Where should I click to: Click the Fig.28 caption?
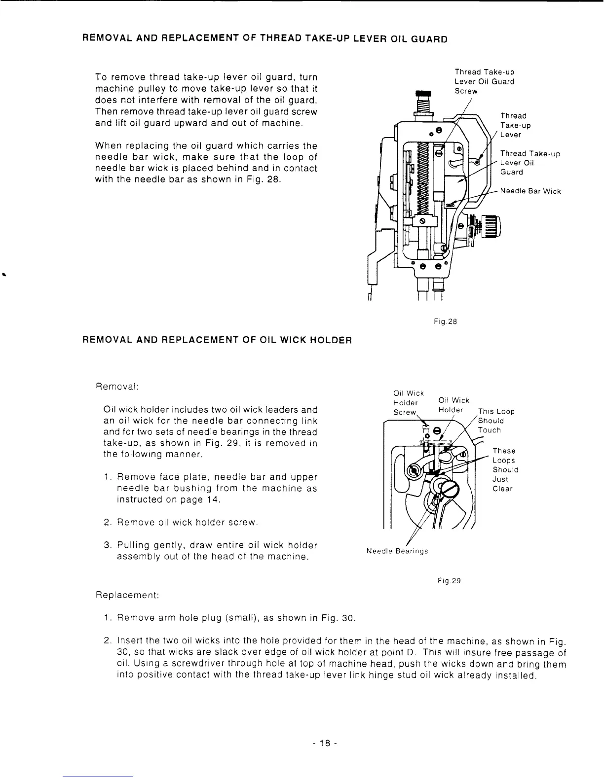click(x=446, y=321)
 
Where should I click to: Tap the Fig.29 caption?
click(x=449, y=581)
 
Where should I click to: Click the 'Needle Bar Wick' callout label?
click(x=530, y=191)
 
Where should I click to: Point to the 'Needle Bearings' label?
click(x=397, y=551)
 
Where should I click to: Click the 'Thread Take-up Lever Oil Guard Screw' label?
click(x=484, y=82)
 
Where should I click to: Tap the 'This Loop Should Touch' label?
click(x=495, y=421)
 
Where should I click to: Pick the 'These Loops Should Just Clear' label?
click(x=505, y=470)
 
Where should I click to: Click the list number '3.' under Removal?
click(x=108, y=545)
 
